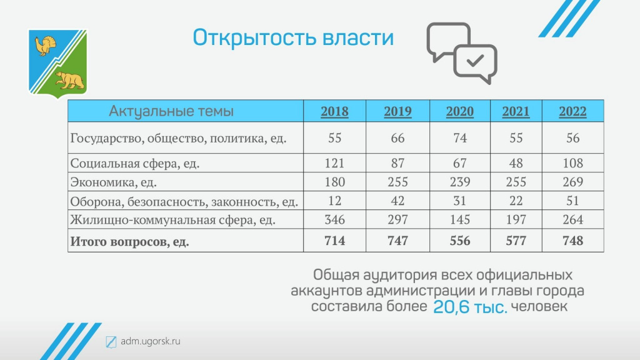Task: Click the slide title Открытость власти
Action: click(293, 38)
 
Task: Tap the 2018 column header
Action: click(335, 111)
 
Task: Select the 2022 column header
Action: click(572, 111)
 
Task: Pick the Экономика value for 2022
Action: click(572, 182)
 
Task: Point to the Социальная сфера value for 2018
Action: click(335, 163)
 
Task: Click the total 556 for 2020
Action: click(460, 241)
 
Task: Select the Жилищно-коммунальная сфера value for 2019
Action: click(397, 219)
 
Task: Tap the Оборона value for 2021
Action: click(516, 201)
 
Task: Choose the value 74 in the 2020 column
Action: click(460, 138)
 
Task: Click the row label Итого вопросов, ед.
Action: click(130, 242)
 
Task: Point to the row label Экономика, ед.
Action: click(114, 182)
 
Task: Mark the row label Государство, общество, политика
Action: click(178, 138)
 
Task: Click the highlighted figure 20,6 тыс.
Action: click(470, 307)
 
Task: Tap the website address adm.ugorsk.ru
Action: click(151, 341)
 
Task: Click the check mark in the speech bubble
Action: click(475, 61)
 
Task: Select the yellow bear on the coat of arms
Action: click(70, 80)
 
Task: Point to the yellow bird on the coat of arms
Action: click(45, 46)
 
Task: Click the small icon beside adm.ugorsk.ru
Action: click(111, 342)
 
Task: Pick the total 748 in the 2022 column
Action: click(572, 241)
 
